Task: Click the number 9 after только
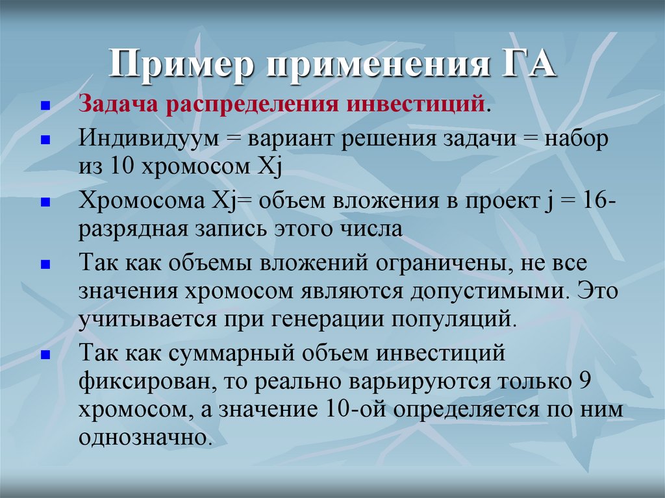click(582, 382)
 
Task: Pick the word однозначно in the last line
click(145, 438)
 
